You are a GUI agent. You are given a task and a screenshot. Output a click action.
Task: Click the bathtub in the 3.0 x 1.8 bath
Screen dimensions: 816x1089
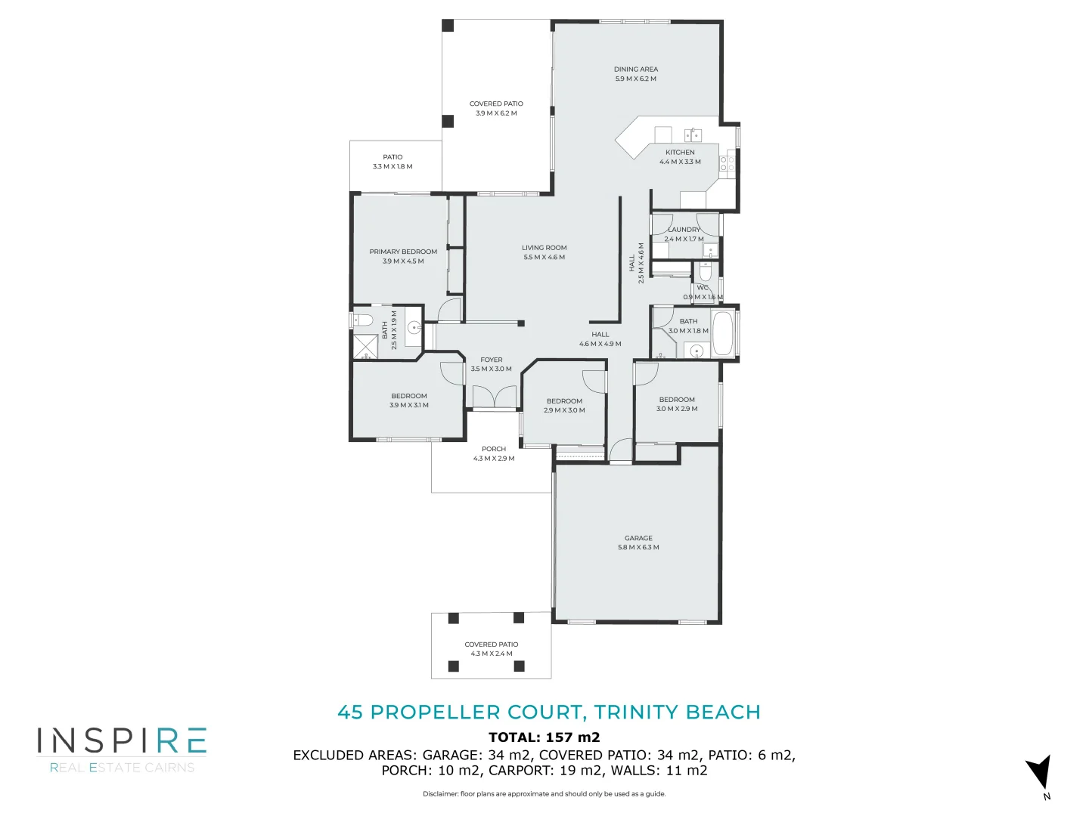pyautogui.click(x=723, y=333)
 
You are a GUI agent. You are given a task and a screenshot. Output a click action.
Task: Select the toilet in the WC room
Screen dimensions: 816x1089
pyautogui.click(x=706, y=271)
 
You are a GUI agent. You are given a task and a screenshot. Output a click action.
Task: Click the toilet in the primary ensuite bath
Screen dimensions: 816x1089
pyautogui.click(x=363, y=320)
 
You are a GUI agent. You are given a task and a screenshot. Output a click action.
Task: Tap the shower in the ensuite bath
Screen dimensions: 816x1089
pyautogui.click(x=366, y=345)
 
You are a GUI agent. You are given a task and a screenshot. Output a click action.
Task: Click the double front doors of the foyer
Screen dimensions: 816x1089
pyautogui.click(x=494, y=397)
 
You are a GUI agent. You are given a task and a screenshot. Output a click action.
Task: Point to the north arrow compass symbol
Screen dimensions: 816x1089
pyautogui.click(x=1039, y=774)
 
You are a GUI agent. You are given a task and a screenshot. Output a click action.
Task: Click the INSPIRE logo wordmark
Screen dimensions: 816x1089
pyautogui.click(x=122, y=741)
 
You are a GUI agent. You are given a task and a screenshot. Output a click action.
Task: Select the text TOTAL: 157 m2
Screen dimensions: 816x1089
pyautogui.click(x=544, y=737)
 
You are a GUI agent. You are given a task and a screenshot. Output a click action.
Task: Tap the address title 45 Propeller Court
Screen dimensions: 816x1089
pyautogui.click(x=548, y=712)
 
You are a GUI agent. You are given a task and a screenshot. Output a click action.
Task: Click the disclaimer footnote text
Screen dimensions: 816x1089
pyautogui.click(x=544, y=794)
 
